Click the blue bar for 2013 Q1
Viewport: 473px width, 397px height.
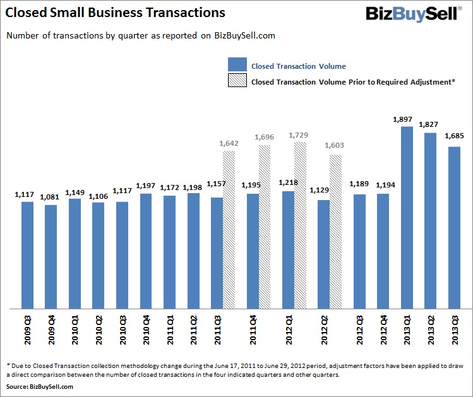pyautogui.click(x=407, y=218)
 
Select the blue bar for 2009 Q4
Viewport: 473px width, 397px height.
pyautogui.click(x=51, y=257)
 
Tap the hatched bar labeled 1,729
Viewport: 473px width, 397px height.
pyautogui.click(x=300, y=225)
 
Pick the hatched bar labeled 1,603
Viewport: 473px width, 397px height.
pyautogui.click(x=336, y=232)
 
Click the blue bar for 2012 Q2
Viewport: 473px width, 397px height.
pyautogui.click(x=324, y=254)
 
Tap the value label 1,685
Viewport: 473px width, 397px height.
pyautogui.click(x=454, y=136)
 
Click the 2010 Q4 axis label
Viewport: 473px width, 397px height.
pyautogui.click(x=145, y=329)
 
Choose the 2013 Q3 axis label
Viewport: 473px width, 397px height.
pyautogui.click(x=454, y=329)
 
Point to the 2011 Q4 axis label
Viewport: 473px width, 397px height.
pyautogui.click(x=253, y=329)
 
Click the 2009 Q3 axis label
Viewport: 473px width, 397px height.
pyautogui.click(x=27, y=329)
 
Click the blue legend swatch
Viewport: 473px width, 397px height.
pyautogui.click(x=237, y=65)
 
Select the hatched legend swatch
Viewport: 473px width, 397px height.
pyautogui.click(x=237, y=81)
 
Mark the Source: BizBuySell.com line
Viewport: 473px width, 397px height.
pyautogui.click(x=39, y=386)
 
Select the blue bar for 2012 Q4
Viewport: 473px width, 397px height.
pyautogui.click(x=383, y=251)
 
